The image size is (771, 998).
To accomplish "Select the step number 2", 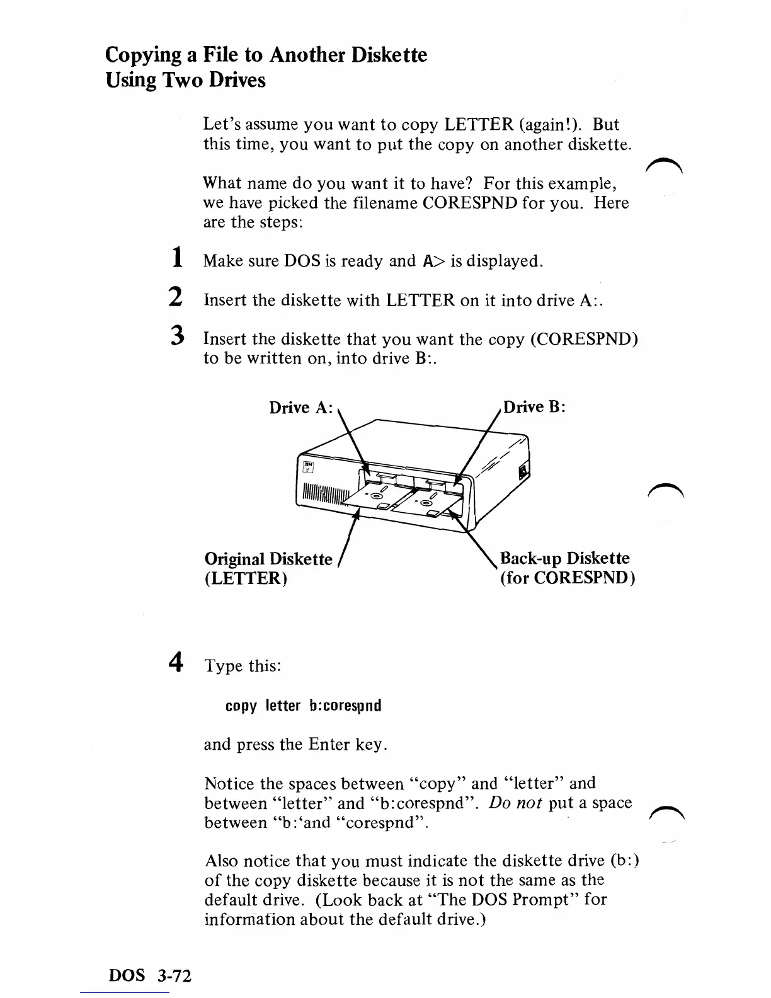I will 177,297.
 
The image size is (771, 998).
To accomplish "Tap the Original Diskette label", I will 268,559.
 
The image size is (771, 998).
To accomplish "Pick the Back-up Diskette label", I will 564,558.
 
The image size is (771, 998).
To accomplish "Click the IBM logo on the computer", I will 309,466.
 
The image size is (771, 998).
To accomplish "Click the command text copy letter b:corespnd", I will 303,705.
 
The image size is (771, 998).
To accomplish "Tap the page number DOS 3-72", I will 151,976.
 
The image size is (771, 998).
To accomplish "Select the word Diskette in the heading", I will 389,55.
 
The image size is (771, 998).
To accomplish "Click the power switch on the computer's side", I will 523,471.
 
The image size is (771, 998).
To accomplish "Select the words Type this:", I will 243,666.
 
